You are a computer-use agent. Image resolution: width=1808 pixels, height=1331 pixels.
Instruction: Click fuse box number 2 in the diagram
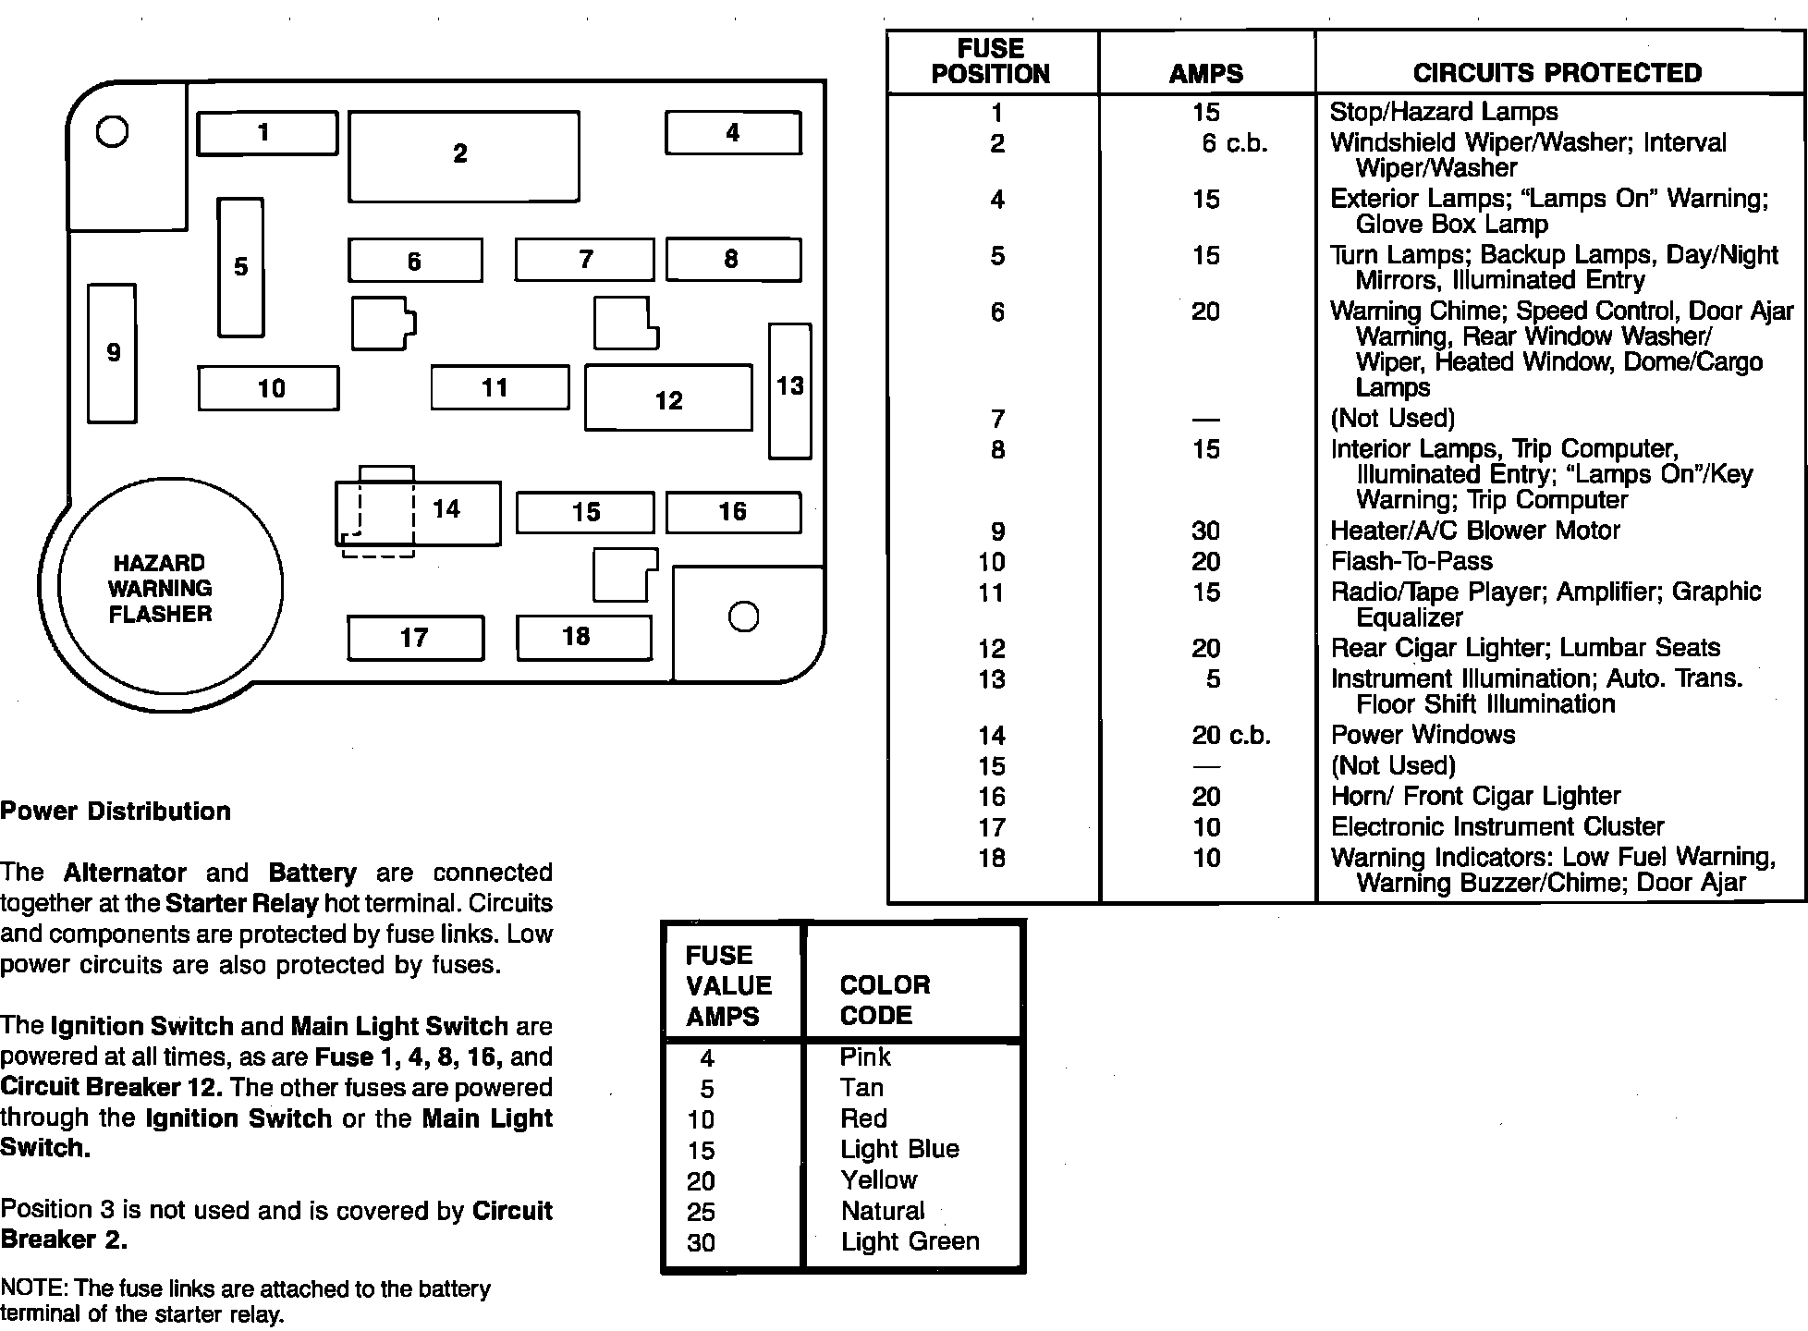point(463,155)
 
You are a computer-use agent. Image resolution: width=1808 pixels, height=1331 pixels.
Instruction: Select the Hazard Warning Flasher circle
point(170,588)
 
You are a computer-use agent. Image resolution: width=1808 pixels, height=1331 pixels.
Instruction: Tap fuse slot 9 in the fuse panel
point(112,353)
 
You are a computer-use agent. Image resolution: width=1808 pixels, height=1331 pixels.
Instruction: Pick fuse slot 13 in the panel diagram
point(789,390)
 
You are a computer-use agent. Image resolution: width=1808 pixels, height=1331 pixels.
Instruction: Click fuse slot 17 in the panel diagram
point(415,638)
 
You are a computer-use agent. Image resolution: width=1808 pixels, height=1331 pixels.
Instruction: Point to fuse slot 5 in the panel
point(240,267)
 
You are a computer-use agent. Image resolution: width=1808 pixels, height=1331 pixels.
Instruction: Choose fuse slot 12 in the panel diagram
point(668,398)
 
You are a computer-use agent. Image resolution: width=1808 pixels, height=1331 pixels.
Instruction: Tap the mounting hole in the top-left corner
point(113,132)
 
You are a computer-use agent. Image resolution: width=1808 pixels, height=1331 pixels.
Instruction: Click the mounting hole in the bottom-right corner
point(744,617)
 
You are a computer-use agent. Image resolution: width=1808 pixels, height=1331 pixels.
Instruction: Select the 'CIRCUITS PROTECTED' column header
point(1558,73)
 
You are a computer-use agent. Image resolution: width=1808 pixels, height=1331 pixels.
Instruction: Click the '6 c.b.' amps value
point(1234,143)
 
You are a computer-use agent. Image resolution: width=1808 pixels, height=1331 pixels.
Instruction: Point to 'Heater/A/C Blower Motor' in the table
point(1474,531)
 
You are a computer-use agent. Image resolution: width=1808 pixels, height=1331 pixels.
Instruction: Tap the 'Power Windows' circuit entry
point(1423,735)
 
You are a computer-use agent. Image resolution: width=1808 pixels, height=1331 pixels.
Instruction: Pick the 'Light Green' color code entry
point(910,1241)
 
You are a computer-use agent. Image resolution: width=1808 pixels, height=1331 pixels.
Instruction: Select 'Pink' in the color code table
point(864,1056)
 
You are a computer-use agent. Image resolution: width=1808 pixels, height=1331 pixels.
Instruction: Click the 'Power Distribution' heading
point(116,812)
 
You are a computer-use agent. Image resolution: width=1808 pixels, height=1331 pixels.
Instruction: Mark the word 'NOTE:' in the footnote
point(34,1288)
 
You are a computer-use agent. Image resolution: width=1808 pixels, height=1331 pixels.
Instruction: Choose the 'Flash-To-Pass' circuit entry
point(1411,561)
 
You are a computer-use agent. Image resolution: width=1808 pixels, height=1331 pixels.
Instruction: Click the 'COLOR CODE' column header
point(885,1000)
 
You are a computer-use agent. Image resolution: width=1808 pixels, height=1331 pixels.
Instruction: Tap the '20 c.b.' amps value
point(1230,735)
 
